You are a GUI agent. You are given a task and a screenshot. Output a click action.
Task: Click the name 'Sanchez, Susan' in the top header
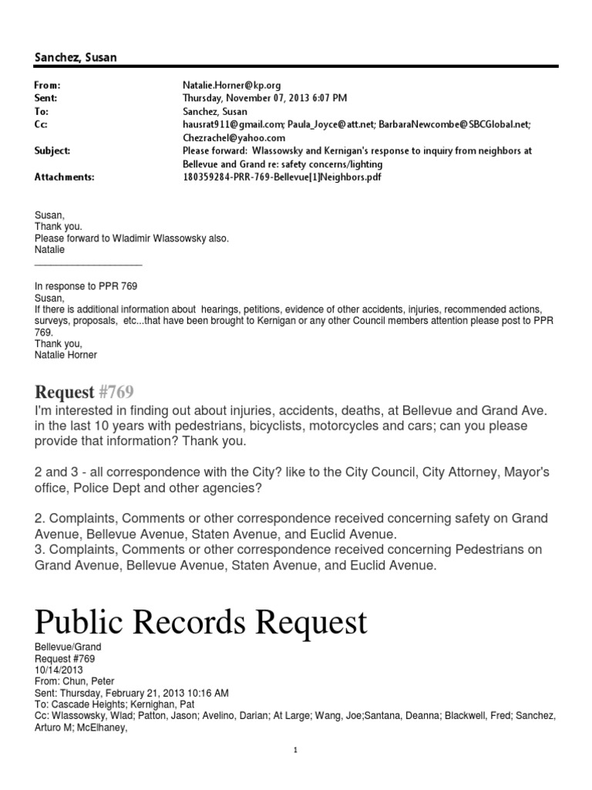click(x=76, y=57)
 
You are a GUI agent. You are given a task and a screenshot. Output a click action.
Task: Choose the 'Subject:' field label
click(x=52, y=150)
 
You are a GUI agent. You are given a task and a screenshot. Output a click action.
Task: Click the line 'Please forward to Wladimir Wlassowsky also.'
click(x=131, y=238)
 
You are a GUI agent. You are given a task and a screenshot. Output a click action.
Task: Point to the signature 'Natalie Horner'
click(x=66, y=355)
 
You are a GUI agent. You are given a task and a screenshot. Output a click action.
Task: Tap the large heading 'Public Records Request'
click(x=200, y=620)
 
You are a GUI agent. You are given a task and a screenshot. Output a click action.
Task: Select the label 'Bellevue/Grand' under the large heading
click(x=68, y=647)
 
